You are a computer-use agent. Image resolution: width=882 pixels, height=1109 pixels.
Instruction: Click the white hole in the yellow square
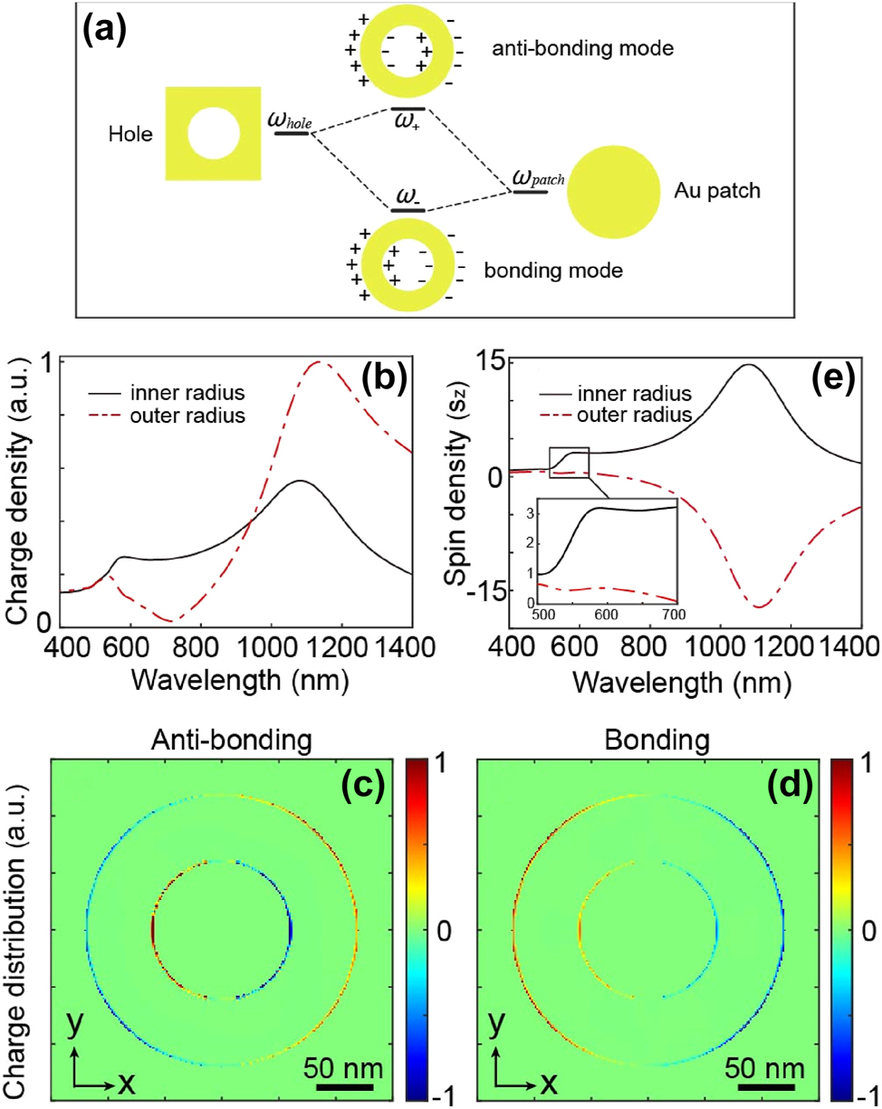pyautogui.click(x=214, y=136)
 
